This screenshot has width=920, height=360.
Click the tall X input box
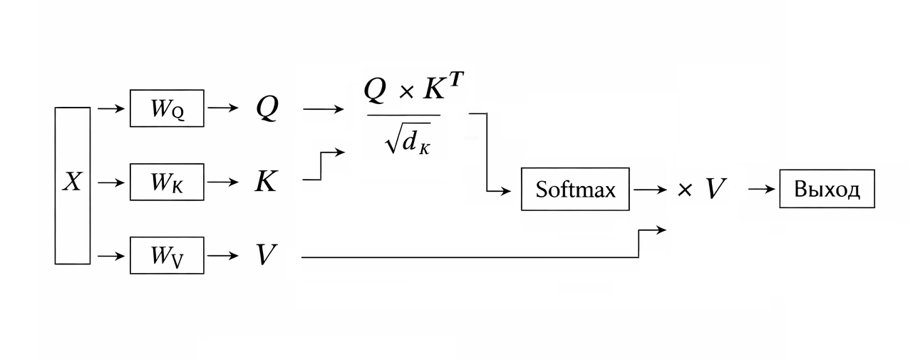[73, 185]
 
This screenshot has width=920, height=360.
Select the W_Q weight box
[167, 108]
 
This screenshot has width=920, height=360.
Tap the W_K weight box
[167, 182]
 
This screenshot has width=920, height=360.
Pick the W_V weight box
[167, 255]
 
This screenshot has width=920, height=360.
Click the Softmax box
[575, 190]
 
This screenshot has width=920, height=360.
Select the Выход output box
[827, 189]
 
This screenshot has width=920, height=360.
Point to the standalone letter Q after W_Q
[267, 109]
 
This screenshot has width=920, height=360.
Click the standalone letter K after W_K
[266, 182]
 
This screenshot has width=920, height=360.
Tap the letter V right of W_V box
[266, 255]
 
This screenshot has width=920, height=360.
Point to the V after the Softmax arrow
[715, 190]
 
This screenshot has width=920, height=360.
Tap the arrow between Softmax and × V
[650, 190]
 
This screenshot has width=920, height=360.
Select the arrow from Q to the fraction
[323, 109]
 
